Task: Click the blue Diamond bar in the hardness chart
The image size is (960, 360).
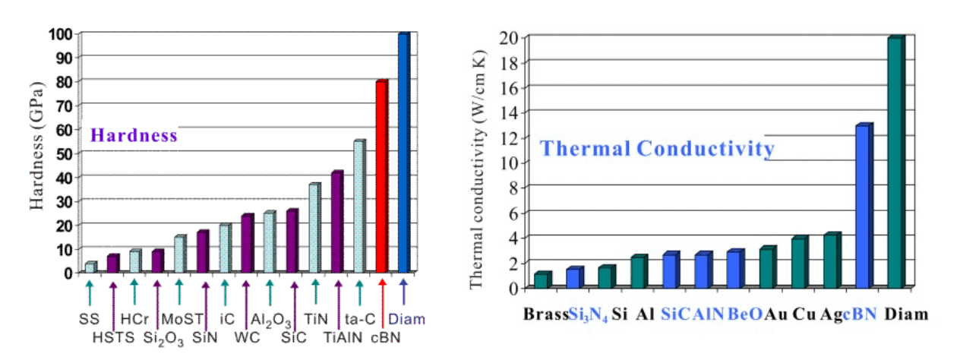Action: [x=403, y=152]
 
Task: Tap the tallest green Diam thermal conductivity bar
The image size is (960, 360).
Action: [x=895, y=163]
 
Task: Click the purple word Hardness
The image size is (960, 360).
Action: [x=134, y=136]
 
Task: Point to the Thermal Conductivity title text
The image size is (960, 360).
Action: [x=657, y=148]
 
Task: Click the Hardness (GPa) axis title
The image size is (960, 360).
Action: [x=38, y=152]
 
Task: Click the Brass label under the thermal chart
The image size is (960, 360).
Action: [x=545, y=314]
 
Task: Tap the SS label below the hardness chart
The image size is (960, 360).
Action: [x=89, y=318]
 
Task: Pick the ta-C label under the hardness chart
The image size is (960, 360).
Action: [x=358, y=319]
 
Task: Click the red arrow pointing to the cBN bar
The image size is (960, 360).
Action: [x=382, y=293]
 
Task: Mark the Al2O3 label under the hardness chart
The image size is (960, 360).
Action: [x=271, y=320]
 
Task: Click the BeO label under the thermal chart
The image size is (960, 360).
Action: [x=744, y=314]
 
